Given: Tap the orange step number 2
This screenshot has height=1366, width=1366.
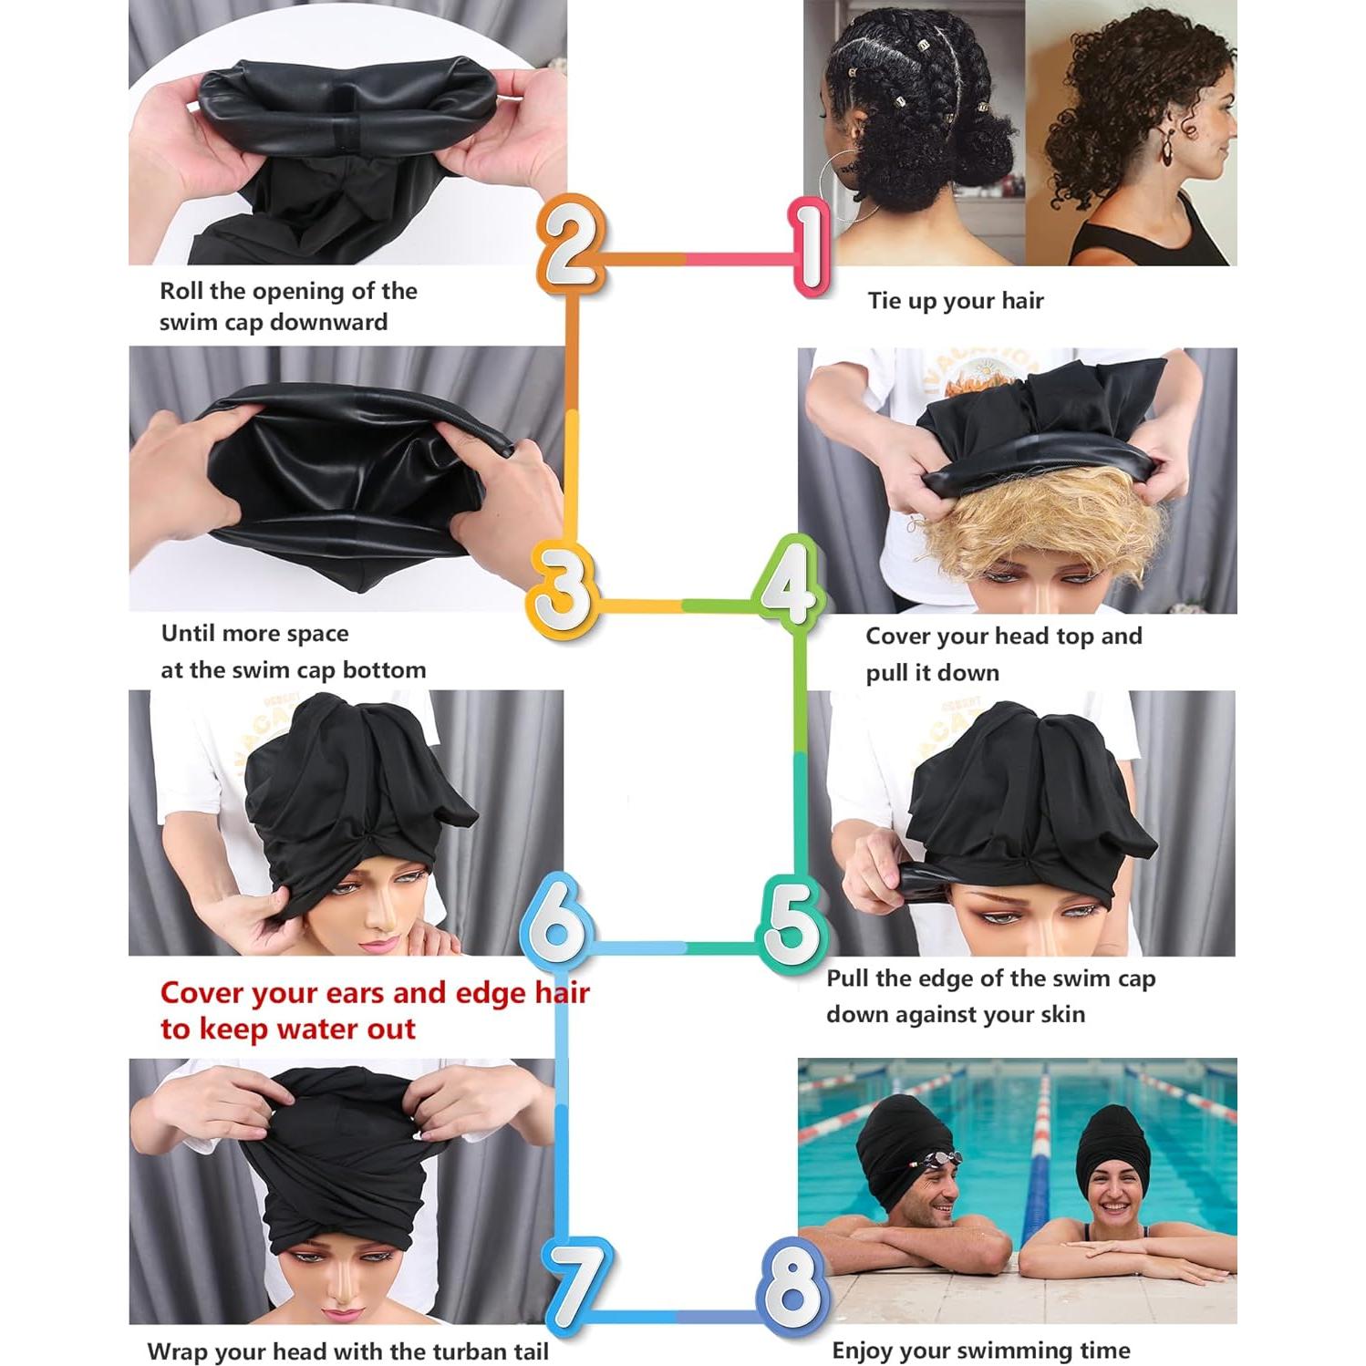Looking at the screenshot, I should click(x=570, y=244).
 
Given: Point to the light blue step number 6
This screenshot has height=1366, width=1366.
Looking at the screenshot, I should click(x=557, y=921).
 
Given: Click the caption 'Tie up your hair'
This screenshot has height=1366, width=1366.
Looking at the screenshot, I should click(x=955, y=301).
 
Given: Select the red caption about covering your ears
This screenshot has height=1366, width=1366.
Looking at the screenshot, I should click(x=374, y=1010).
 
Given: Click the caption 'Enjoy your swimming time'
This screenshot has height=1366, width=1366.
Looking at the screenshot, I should click(x=980, y=1350).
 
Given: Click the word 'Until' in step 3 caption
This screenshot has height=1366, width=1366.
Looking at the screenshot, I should click(x=188, y=634).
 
